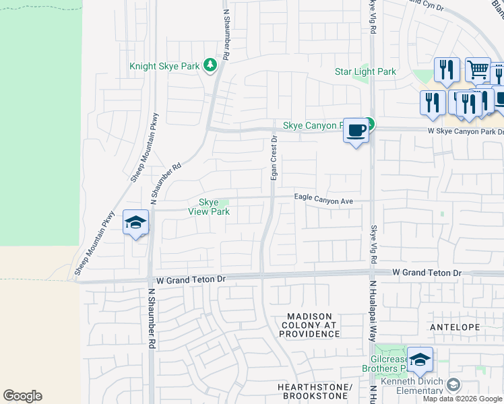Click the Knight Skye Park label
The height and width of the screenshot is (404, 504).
pyautogui.click(x=164, y=67)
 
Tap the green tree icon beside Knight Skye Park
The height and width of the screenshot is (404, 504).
pyautogui.click(x=211, y=65)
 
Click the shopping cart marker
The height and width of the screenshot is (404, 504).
pyautogui.click(x=478, y=69)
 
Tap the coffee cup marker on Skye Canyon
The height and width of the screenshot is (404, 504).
pyautogui.click(x=356, y=129)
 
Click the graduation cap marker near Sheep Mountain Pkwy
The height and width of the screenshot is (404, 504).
pyautogui.click(x=135, y=222)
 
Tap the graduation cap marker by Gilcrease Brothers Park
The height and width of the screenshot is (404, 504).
pyautogui.click(x=420, y=360)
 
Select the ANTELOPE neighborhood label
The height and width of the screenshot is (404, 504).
pyautogui.click(x=455, y=327)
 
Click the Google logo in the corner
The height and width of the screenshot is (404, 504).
pyautogui.click(x=22, y=396)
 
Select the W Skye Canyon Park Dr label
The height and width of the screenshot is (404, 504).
pyautogui.click(x=465, y=131)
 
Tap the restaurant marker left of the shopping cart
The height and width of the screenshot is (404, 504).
pyautogui.click(x=446, y=69)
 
